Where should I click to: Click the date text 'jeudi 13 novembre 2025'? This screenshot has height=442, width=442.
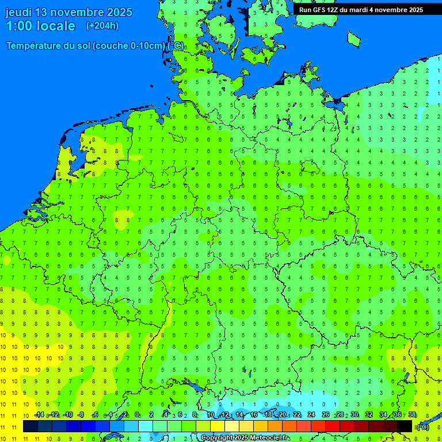[68, 12]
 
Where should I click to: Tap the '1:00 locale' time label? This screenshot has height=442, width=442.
[40, 26]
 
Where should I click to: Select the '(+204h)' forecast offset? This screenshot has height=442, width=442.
[102, 25]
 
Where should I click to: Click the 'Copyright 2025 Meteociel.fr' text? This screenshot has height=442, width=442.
[245, 438]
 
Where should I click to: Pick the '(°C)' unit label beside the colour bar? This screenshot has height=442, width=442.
[422, 427]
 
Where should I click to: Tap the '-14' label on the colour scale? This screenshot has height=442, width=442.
[39, 415]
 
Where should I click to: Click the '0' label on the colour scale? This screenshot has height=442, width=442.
[137, 415]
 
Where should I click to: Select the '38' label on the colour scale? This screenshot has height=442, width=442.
[411, 415]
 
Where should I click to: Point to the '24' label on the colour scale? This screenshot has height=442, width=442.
[311, 415]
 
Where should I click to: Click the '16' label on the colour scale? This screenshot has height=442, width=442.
[253, 415]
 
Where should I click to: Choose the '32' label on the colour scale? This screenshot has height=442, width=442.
[368, 415]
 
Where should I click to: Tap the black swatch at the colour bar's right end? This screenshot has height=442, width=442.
[405, 426]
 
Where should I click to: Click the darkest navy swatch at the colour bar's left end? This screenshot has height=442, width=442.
[31, 426]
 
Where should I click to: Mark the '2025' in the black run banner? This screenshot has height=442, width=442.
[413, 10]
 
